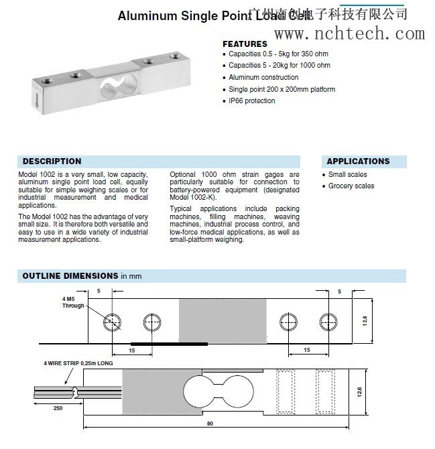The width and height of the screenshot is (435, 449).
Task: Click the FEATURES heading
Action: [244, 44]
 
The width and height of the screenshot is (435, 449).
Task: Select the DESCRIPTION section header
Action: [52, 162]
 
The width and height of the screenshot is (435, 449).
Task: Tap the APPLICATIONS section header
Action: [358, 162]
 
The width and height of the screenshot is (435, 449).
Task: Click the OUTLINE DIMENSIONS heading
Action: [70, 275]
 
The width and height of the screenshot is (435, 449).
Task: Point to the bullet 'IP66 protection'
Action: [251, 101]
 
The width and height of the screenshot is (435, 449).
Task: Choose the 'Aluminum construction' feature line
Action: [263, 78]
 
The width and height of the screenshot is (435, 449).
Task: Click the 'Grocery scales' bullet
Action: [351, 186]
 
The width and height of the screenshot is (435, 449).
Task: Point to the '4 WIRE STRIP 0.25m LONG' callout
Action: [78, 363]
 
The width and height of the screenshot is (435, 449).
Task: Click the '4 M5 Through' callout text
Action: [73, 302]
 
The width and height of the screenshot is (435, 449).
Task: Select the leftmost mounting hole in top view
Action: [110, 323]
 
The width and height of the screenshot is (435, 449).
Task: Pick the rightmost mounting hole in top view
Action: [326, 323]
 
